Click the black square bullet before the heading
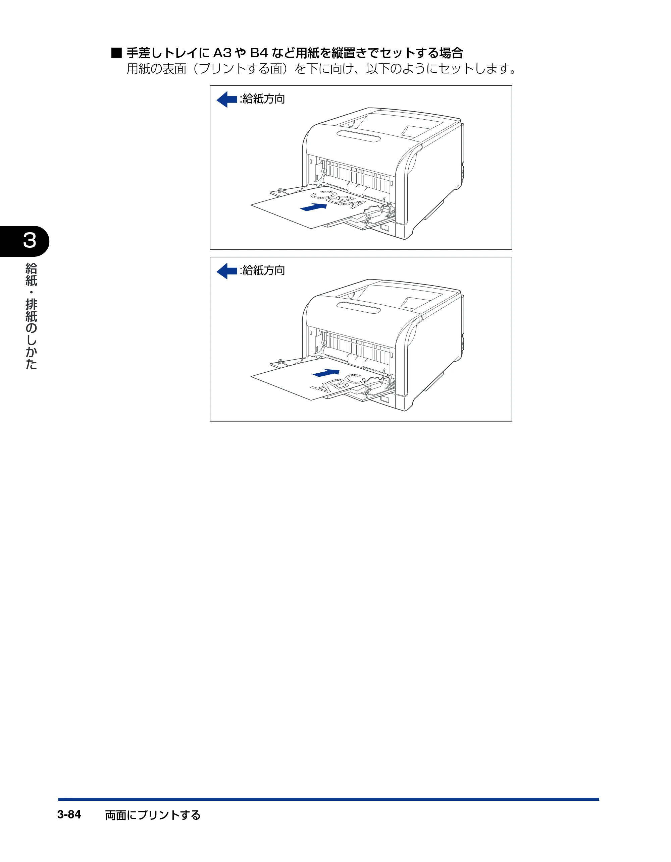coord(116,53)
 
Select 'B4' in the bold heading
coord(259,53)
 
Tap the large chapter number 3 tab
coord(30,240)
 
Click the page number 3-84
coord(69,814)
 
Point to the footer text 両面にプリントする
coord(153,815)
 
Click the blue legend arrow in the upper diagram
coord(227,99)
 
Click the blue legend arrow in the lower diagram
coord(227,271)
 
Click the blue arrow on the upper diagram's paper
coord(314,207)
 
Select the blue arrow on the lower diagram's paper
coord(326,373)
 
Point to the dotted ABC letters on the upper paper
coord(338,199)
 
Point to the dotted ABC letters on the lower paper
coord(338,384)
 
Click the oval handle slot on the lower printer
coord(358,307)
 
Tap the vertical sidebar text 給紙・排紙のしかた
coord(31,316)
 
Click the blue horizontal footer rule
coord(328,799)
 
